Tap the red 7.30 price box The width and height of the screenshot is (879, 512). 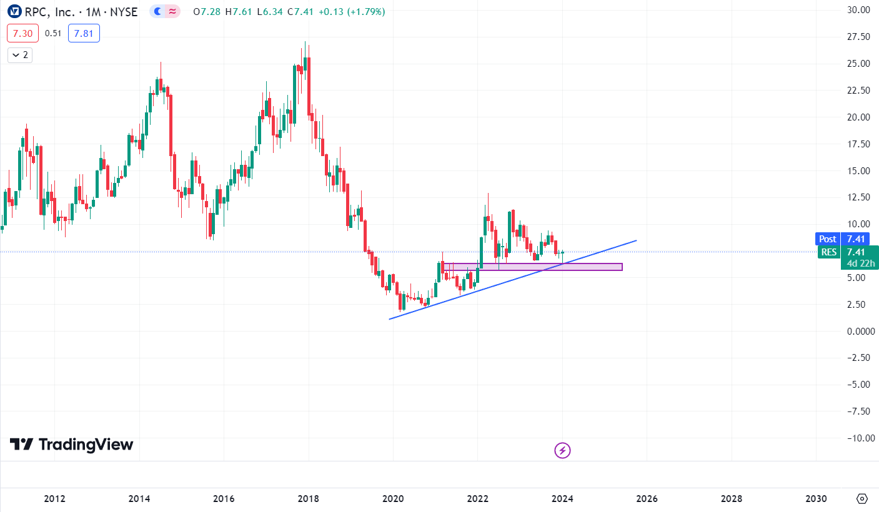tap(22, 34)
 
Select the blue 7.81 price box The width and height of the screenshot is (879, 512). tap(84, 34)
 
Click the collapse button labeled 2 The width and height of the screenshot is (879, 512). tap(19, 55)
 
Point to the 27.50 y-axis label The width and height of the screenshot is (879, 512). tap(853, 37)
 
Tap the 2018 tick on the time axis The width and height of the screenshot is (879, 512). tap(308, 499)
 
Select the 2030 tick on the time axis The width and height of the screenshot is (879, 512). tap(816, 499)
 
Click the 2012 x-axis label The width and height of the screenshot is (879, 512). tap(55, 499)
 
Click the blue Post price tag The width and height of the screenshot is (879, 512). tap(828, 239)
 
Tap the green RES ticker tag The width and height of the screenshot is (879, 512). tap(829, 252)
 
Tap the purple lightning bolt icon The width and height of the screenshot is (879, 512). tap(563, 450)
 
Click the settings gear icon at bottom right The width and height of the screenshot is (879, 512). tap(862, 498)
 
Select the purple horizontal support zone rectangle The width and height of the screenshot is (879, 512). tap(534, 267)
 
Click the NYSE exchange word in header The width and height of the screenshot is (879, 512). tap(124, 11)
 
